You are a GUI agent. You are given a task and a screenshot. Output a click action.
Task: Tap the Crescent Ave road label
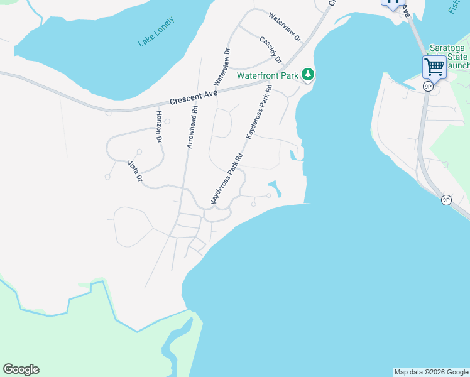pyautogui.click(x=194, y=97)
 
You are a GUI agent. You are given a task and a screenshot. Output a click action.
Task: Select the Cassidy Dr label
pyautogui.click(x=271, y=49)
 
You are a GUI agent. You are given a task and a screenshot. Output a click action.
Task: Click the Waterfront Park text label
pyautogui.click(x=266, y=75)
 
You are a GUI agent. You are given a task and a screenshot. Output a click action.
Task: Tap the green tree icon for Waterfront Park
pyautogui.click(x=307, y=75)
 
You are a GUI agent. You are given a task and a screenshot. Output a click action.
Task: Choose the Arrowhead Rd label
pyautogui.click(x=192, y=126)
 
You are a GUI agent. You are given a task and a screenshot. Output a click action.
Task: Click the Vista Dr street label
pyautogui.click(x=136, y=171)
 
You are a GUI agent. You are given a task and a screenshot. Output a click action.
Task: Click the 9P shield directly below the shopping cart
pyautogui.click(x=427, y=86)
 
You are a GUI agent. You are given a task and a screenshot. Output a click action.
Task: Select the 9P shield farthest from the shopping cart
pyautogui.click(x=446, y=200)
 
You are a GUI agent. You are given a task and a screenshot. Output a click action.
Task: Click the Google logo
pyautogui.click(x=21, y=369)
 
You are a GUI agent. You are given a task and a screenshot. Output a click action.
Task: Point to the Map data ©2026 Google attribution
pyautogui.click(x=431, y=372)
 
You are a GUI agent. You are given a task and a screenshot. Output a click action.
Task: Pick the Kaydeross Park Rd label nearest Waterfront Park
pyautogui.click(x=258, y=112)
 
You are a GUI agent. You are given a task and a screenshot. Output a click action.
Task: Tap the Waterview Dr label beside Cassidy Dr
pyautogui.click(x=285, y=26)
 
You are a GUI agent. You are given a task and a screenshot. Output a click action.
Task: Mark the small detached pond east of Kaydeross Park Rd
pyautogui.click(x=275, y=187)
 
